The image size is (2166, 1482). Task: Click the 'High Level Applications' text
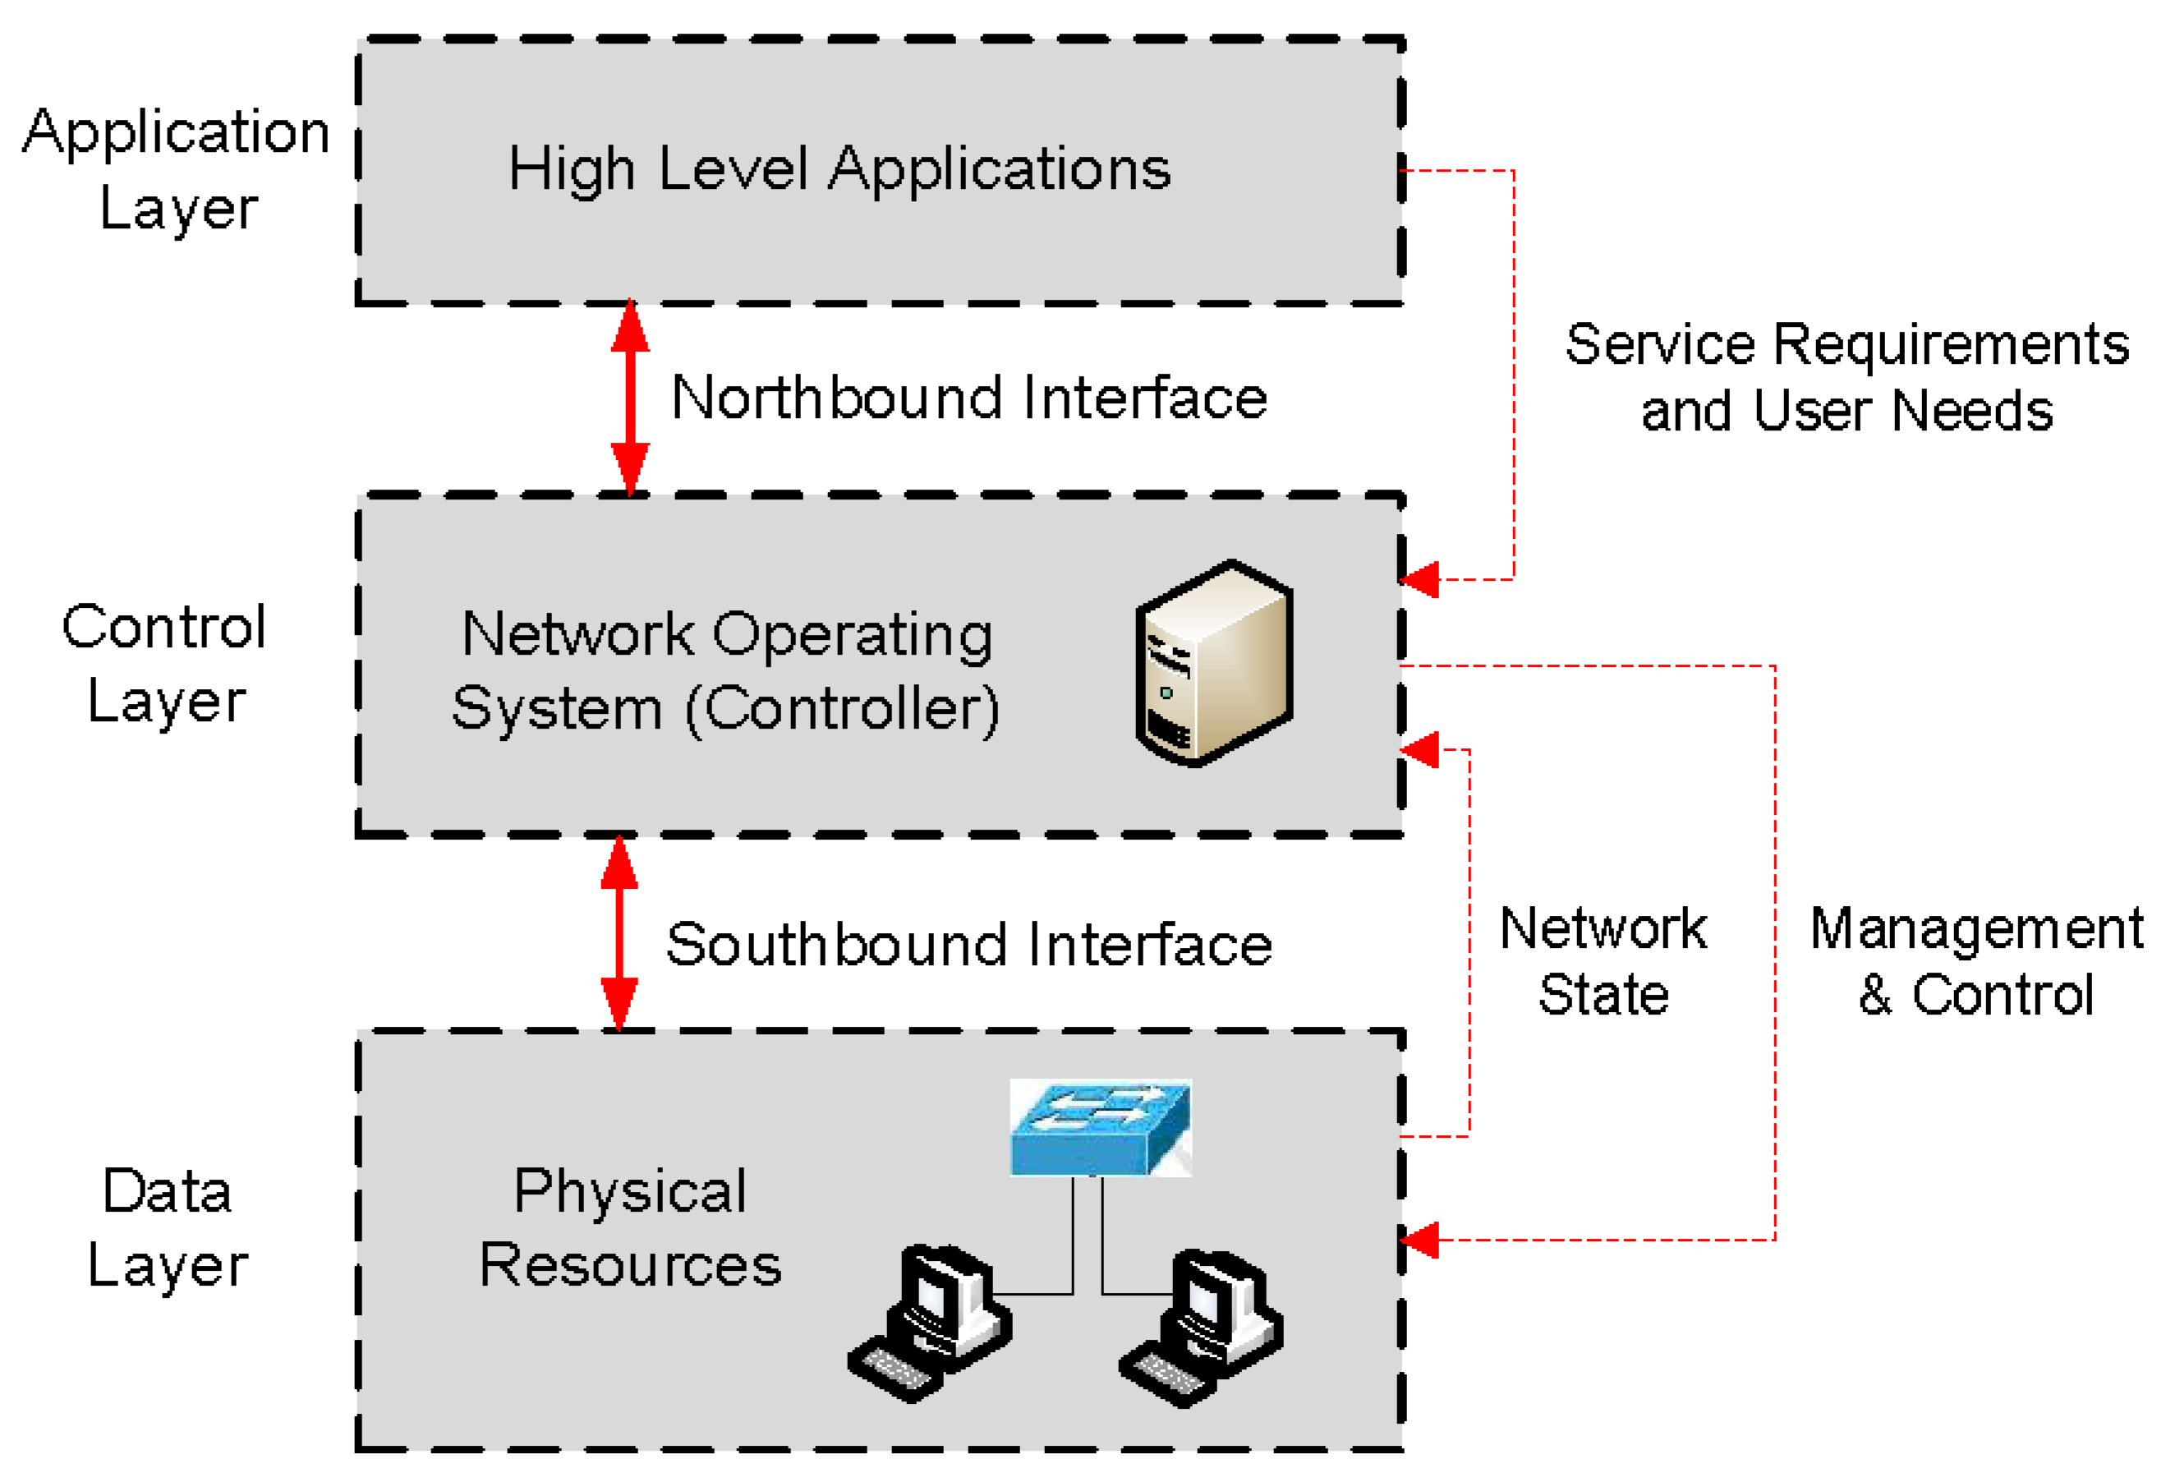[839, 171]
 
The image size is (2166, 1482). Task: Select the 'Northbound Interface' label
[969, 398]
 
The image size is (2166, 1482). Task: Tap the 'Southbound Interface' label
[969, 944]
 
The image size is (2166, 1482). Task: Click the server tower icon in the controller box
[1214, 663]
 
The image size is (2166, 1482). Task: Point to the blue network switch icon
[1101, 1128]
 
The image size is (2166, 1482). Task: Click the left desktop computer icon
[929, 1323]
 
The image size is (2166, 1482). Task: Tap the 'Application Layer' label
[177, 168]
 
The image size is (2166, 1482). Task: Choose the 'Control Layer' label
[165, 663]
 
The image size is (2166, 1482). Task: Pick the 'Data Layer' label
[168, 1227]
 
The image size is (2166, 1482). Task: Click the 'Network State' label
[1603, 960]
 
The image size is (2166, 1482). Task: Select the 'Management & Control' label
[1976, 961]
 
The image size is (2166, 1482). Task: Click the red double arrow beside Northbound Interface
[630, 398]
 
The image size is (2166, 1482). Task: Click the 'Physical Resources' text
[631, 1227]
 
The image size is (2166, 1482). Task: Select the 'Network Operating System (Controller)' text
[726, 672]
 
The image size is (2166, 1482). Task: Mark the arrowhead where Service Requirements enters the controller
[1419, 580]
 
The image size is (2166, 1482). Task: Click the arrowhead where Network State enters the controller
[1419, 749]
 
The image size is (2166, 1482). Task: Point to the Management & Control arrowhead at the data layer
[1419, 1240]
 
